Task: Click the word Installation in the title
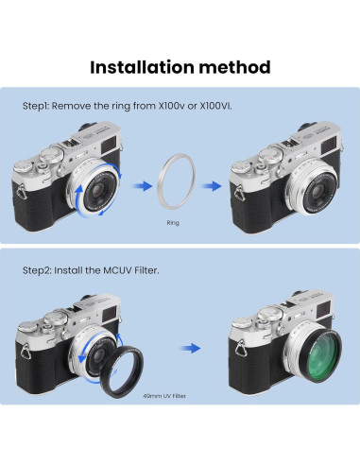[x=142, y=67]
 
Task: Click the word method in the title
[x=234, y=67]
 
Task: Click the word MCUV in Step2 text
[x=117, y=270]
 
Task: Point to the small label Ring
[x=173, y=223]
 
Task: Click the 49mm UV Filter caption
[x=164, y=396]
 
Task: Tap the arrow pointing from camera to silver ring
[x=143, y=186]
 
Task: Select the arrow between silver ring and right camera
[x=212, y=186]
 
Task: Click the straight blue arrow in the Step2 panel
[x=191, y=348]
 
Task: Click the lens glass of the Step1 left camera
[x=97, y=188]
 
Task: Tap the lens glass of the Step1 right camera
[x=318, y=190]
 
